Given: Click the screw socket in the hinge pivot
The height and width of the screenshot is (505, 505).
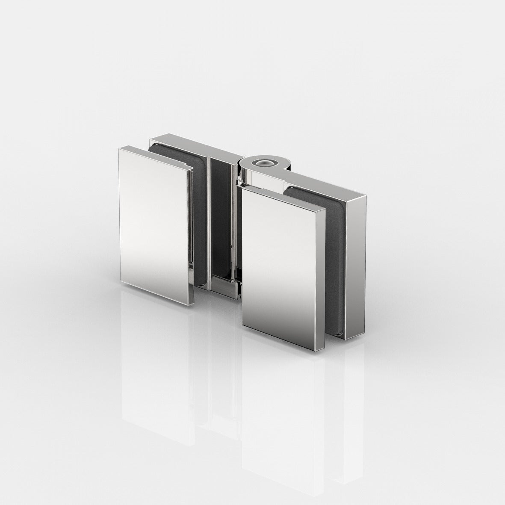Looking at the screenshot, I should (261, 163).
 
